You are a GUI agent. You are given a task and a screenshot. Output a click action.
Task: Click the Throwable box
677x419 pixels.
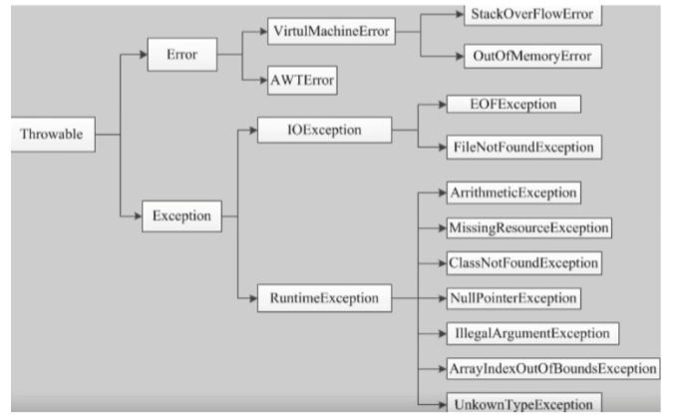53,135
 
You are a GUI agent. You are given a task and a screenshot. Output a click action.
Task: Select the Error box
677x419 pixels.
182,55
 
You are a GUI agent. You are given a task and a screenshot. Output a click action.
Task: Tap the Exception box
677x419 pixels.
181,215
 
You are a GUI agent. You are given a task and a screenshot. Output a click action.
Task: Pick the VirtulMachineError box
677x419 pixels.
331,31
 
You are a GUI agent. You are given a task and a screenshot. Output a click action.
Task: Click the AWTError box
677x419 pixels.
302,81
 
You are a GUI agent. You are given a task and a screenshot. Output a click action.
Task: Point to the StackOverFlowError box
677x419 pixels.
532,15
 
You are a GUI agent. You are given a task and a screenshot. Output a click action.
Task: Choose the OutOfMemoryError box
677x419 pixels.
532,56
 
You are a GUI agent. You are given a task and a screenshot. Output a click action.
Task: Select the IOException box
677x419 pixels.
324,130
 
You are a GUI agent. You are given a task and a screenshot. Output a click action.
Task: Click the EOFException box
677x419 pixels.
513,104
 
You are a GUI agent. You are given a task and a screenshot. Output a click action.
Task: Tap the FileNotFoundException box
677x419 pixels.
523,148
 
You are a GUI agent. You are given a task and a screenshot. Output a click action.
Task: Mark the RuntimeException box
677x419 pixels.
324,298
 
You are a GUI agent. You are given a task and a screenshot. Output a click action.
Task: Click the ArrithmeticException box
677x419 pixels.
513,193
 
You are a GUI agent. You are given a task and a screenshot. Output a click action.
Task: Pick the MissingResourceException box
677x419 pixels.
528,228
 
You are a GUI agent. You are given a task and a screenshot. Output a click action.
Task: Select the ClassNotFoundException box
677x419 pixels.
523,263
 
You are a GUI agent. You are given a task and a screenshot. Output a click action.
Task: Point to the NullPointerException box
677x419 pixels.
513,298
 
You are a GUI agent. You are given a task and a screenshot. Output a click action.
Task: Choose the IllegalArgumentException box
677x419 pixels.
532,333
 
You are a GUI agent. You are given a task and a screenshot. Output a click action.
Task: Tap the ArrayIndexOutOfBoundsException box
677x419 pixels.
553,369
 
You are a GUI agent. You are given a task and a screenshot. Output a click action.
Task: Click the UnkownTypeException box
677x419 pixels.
523,403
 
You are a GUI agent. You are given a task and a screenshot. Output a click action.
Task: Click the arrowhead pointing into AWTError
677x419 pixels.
263,81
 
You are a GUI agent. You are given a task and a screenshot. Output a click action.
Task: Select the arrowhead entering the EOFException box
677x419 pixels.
443,104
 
